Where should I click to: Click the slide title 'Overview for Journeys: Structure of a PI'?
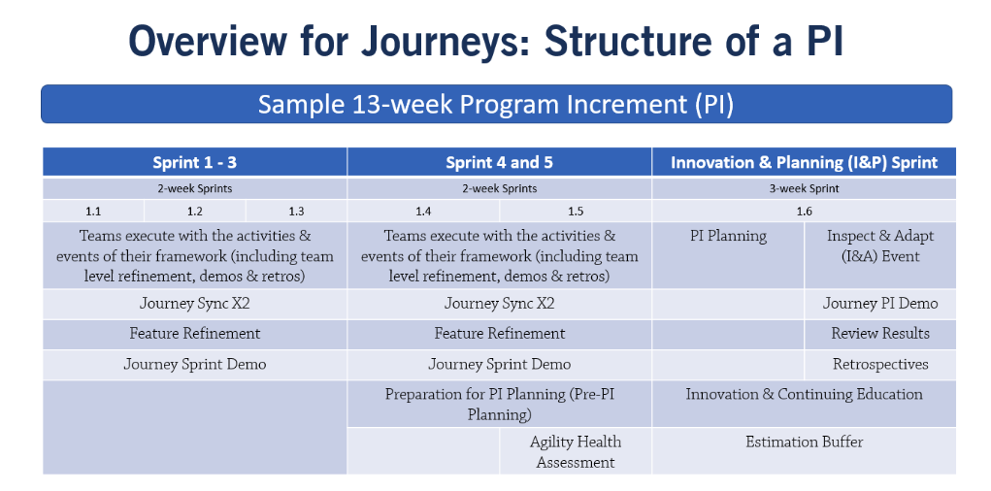tap(485, 42)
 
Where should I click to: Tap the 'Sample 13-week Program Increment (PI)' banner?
tap(496, 104)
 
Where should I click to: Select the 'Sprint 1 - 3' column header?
tap(195, 162)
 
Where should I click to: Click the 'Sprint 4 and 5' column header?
tap(499, 162)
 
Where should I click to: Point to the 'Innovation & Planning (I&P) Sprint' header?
tap(804, 162)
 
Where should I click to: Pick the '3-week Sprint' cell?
tap(804, 188)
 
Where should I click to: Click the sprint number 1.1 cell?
tap(93, 212)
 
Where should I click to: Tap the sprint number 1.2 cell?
tap(195, 212)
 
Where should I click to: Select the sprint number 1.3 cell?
tap(296, 212)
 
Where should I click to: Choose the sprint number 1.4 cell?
tap(423, 212)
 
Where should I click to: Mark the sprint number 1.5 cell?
tap(576, 212)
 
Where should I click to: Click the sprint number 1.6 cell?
tap(804, 212)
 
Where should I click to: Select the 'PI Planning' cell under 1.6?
tap(728, 255)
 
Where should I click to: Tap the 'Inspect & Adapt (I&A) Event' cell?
tap(880, 255)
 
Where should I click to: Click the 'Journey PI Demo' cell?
tap(880, 304)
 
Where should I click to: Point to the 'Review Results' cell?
tap(880, 334)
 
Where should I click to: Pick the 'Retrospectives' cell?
tap(880, 365)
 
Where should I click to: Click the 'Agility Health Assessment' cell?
tap(576, 451)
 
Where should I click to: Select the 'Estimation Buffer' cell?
tap(804, 451)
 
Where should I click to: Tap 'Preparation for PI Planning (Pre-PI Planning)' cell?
tap(499, 404)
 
